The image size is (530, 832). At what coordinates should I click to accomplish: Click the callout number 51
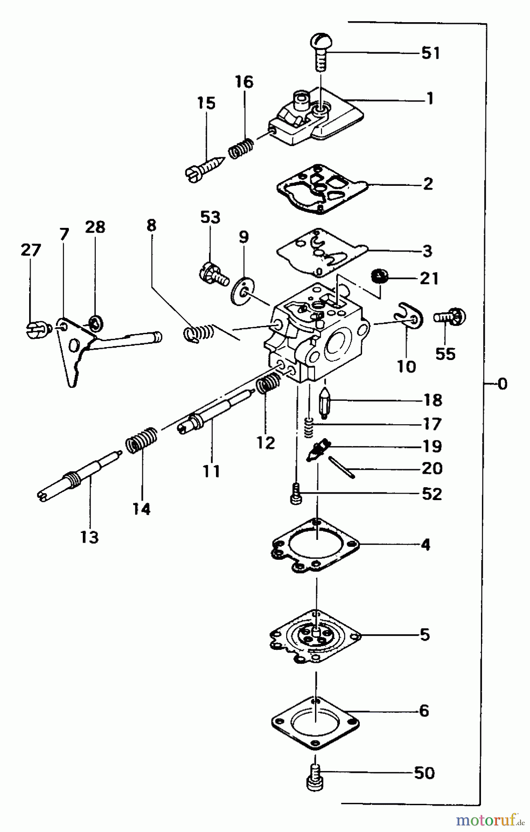(430, 53)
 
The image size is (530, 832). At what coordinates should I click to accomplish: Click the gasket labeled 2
(321, 190)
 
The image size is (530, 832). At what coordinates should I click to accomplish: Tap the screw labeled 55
(450, 317)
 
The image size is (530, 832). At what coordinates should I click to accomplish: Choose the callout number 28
(95, 227)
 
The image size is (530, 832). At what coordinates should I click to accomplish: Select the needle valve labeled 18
(324, 401)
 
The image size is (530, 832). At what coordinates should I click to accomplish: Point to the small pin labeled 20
(342, 467)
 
